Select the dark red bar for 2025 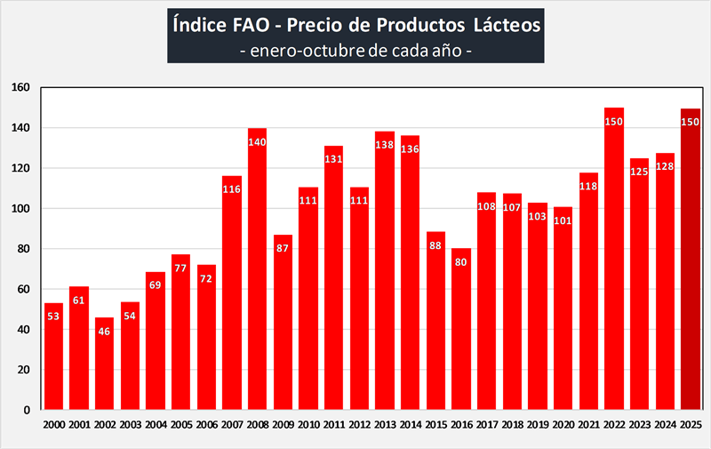(x=691, y=267)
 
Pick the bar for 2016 (x=460, y=329)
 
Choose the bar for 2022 (x=614, y=267)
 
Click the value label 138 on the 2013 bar (x=385, y=145)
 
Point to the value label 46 (x=105, y=331)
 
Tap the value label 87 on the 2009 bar (x=283, y=248)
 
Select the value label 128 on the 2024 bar (x=665, y=166)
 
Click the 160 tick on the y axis (x=21, y=87)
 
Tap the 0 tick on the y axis (x=28, y=410)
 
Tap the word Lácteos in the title (x=499, y=25)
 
